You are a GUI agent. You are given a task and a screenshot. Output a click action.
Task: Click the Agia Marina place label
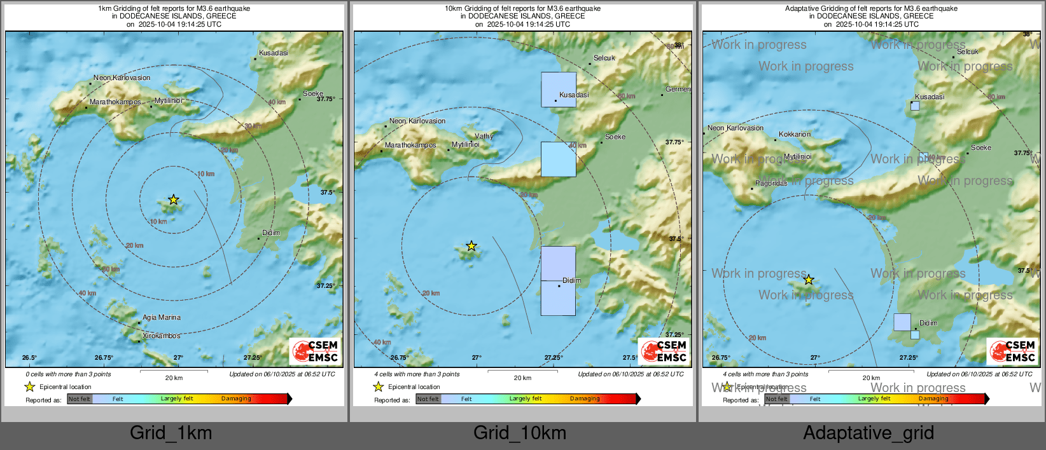(x=162, y=317)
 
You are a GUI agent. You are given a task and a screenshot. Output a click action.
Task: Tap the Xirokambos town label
(x=161, y=336)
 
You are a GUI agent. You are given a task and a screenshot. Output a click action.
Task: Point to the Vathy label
(x=484, y=136)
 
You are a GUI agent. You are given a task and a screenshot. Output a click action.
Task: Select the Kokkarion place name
(x=795, y=134)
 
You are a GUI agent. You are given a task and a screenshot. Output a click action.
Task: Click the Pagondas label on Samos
(x=771, y=183)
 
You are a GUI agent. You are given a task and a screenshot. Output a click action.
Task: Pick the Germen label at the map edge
(x=678, y=89)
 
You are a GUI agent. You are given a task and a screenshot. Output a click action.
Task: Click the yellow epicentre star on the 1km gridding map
(x=173, y=200)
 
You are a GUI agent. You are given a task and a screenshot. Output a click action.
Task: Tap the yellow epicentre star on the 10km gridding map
(x=471, y=246)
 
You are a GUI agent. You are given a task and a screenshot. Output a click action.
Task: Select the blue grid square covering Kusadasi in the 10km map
(x=559, y=89)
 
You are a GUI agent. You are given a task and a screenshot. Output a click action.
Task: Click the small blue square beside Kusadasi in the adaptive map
(x=915, y=106)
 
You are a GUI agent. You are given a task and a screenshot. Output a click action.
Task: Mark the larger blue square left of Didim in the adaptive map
(x=902, y=322)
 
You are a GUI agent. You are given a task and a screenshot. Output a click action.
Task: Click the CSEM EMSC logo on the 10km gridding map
(x=664, y=351)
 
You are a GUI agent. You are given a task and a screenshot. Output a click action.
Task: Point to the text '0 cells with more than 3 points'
(x=68, y=374)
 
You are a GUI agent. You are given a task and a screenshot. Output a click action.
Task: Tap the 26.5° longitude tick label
(x=29, y=357)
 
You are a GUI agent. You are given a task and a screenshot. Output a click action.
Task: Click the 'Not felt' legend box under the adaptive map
(x=776, y=399)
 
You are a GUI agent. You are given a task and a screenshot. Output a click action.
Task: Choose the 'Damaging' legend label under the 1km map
(x=236, y=399)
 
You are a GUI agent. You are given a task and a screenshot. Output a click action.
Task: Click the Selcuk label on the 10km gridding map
(x=604, y=58)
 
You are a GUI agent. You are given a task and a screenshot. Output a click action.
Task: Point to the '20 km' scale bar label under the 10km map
(x=522, y=378)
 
